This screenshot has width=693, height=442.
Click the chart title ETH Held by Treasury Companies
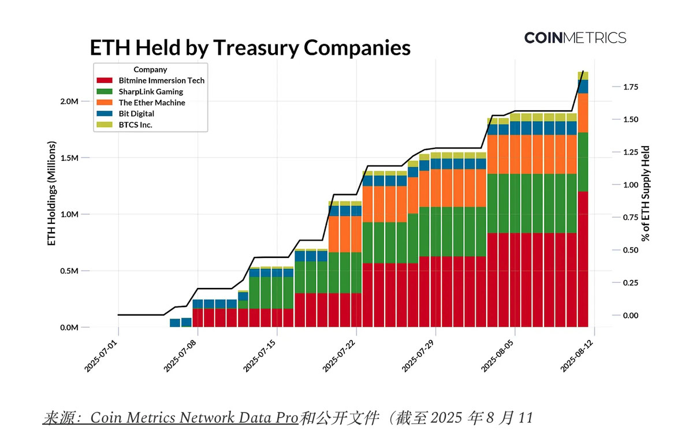249,47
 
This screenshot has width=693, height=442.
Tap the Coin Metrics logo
575,38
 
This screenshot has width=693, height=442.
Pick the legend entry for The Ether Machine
151,103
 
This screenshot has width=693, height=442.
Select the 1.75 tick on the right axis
630,87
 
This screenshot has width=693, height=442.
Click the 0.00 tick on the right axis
630,316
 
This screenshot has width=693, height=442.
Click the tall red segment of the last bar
583,260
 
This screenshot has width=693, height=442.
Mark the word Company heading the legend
150,70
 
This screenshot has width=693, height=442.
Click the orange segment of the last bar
583,113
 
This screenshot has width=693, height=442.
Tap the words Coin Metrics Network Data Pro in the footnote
194,418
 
